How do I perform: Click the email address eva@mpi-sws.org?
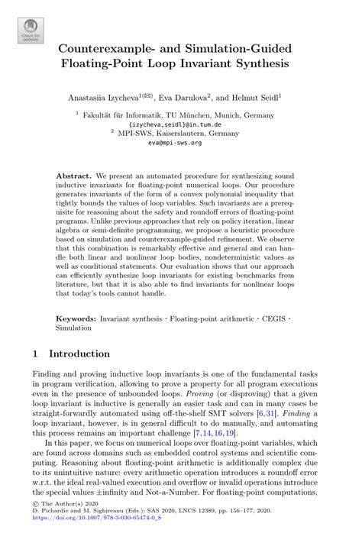pyautogui.click(x=181, y=142)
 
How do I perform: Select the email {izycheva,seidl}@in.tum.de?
pyautogui.click(x=181, y=123)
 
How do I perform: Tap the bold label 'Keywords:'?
pyautogui.click(x=78, y=315)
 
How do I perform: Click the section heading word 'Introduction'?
pyautogui.click(x=79, y=354)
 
